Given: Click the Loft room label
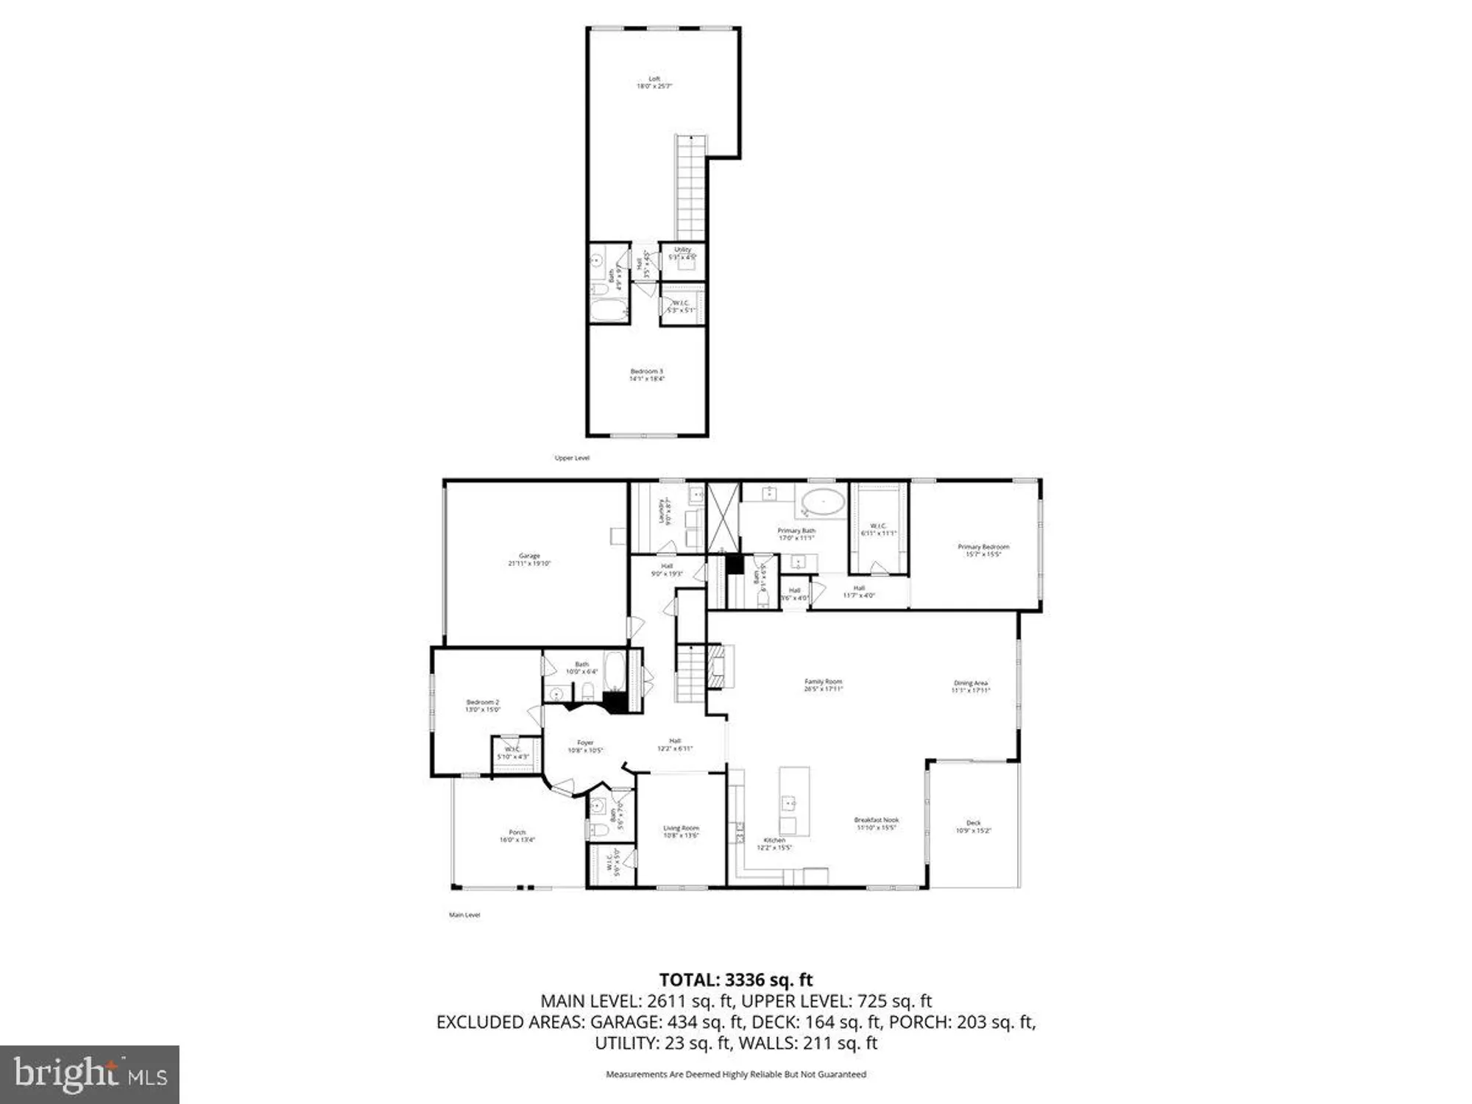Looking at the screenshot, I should (654, 82).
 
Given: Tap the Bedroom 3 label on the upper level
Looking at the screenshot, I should (646, 375).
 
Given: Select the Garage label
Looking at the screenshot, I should (529, 559).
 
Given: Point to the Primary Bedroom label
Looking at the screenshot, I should (983, 550).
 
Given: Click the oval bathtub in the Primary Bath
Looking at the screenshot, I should (823, 502).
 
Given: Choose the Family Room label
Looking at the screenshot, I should (823, 685).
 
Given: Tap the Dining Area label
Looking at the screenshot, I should (970, 687).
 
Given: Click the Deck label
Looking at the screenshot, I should (973, 827).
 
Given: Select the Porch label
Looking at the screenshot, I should (517, 835).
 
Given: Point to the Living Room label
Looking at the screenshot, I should (681, 832).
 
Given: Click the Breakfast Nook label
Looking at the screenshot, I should (876, 823).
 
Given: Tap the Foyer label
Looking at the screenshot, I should (585, 746).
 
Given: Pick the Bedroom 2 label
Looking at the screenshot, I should (483, 705).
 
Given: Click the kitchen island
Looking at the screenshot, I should (794, 801).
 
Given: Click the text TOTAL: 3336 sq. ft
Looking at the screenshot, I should (735, 980).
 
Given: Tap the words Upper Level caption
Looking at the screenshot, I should (572, 458).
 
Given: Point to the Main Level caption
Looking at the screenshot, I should (464, 915).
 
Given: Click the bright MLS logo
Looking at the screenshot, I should (90, 1074).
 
